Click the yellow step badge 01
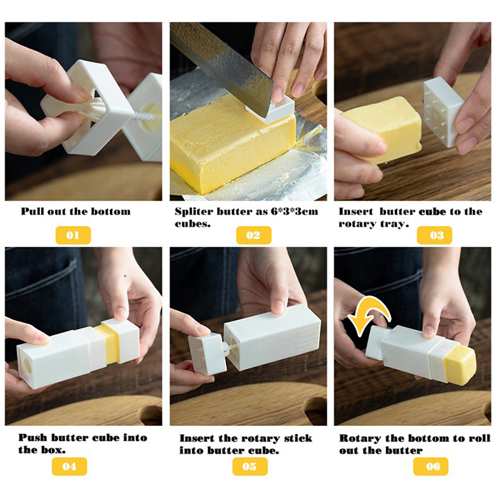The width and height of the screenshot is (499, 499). pyautogui.click(x=73, y=235)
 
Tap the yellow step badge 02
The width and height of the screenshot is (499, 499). pyautogui.click(x=254, y=235)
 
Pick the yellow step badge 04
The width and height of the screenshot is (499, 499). pyautogui.click(x=69, y=466)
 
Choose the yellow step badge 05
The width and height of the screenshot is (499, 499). pyautogui.click(x=250, y=466)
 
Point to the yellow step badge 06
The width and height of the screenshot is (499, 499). pyautogui.click(x=430, y=466)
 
